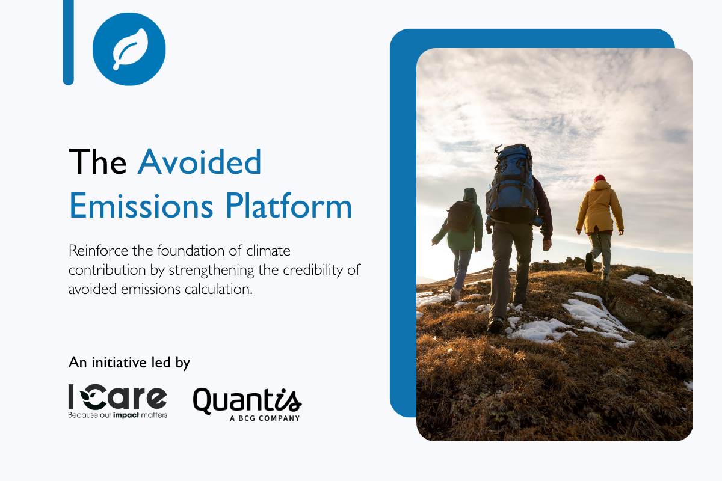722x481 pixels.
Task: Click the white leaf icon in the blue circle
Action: [130, 49]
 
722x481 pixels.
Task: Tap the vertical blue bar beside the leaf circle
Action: [69, 43]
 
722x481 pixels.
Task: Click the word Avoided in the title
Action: [200, 162]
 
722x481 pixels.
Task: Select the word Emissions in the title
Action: [141, 206]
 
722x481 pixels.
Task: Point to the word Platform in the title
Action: [288, 206]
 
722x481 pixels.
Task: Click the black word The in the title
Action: [97, 162]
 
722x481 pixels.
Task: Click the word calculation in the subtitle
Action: [218, 289]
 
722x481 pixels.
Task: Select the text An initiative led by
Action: [129, 363]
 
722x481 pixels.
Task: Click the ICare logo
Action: [118, 402]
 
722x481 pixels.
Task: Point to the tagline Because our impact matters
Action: [118, 415]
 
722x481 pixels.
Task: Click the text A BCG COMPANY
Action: [265, 418]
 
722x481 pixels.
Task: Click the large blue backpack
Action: [511, 183]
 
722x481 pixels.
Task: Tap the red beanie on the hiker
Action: [599, 179]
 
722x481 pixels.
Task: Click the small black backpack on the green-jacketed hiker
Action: [460, 216]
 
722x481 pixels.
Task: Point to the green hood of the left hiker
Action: [470, 195]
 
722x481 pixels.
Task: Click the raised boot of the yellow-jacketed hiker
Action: [588, 262]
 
